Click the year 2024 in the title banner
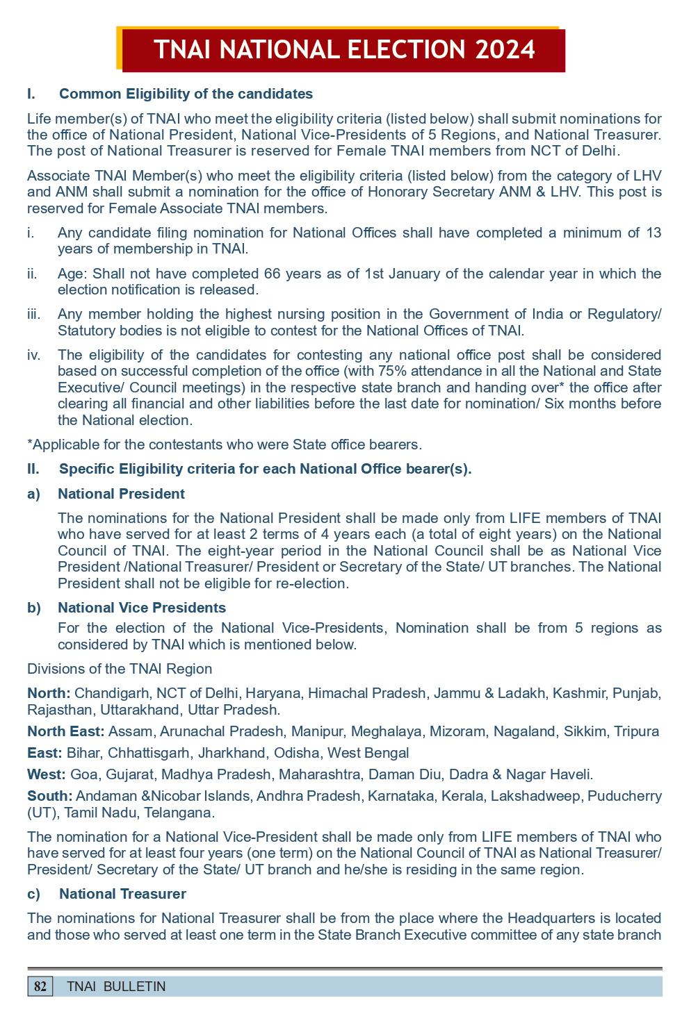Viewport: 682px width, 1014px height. [x=505, y=50]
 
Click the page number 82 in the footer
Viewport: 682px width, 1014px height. [x=40, y=986]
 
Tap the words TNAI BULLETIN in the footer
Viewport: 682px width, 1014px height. [x=116, y=986]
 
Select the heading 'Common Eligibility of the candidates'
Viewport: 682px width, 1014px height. [x=186, y=94]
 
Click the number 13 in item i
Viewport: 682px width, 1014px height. [x=653, y=233]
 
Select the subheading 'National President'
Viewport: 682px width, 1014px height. [x=121, y=494]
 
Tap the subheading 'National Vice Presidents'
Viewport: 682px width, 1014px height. [x=142, y=608]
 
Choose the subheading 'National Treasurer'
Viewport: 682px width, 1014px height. [x=122, y=894]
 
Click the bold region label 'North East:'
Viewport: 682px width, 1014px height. [x=66, y=731]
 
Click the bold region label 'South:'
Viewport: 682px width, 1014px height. [x=49, y=796]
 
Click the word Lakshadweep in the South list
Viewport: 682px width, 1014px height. [x=535, y=796]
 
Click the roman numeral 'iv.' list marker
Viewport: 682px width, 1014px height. [x=34, y=356]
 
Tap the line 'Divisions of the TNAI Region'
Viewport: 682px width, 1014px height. [x=120, y=669]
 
